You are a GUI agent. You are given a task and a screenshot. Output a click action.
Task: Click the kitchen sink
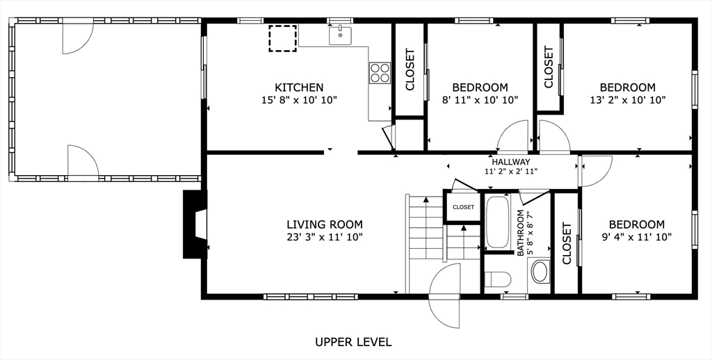pyautogui.click(x=340, y=35)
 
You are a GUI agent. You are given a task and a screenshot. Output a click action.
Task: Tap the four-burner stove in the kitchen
pyautogui.click(x=380, y=73)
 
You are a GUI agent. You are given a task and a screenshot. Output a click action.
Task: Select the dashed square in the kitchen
pyautogui.click(x=282, y=38)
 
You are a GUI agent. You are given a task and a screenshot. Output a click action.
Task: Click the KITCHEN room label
pyautogui.click(x=299, y=87)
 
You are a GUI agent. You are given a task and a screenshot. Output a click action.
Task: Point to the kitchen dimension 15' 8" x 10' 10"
pyautogui.click(x=299, y=100)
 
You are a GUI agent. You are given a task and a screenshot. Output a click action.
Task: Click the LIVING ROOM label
pyautogui.click(x=325, y=224)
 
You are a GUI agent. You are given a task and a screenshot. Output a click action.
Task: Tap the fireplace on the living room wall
pyautogui.click(x=195, y=224)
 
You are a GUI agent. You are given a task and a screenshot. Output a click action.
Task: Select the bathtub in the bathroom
pyautogui.click(x=498, y=222)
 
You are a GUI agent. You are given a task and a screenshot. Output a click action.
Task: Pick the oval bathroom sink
pyautogui.click(x=540, y=272)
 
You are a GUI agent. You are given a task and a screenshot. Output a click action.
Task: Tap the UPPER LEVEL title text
pyautogui.click(x=353, y=342)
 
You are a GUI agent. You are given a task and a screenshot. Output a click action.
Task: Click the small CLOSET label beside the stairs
pyautogui.click(x=463, y=207)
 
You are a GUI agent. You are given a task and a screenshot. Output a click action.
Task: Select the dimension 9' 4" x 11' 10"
pyautogui.click(x=637, y=236)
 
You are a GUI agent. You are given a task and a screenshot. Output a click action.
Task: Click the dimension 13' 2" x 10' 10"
pyautogui.click(x=628, y=100)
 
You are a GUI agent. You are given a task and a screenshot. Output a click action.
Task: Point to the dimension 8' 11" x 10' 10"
pyautogui.click(x=480, y=100)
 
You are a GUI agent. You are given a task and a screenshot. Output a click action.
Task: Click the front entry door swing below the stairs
pyautogui.click(x=444, y=295)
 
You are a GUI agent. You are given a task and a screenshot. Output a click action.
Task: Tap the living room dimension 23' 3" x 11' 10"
pyautogui.click(x=325, y=236)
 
